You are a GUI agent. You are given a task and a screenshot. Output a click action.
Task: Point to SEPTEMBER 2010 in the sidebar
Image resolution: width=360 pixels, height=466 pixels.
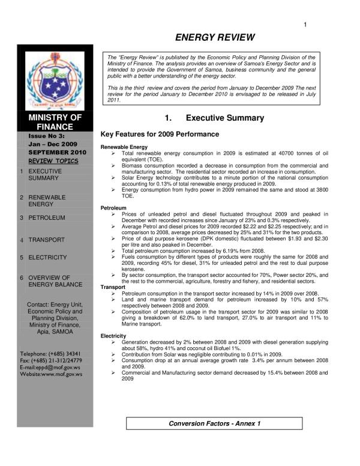click(x=55, y=153)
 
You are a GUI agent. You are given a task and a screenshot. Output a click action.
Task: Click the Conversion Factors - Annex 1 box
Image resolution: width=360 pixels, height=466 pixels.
click(x=214, y=423)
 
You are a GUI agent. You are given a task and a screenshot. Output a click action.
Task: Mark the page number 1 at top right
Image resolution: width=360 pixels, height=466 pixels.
click(x=306, y=24)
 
